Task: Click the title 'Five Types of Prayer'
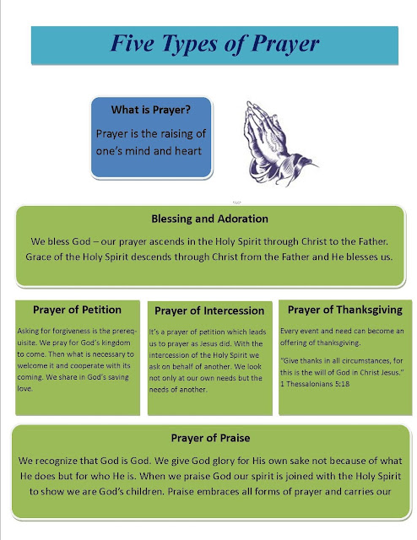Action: tap(207, 44)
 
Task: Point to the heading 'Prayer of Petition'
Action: tap(77, 309)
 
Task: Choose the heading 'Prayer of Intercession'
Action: tap(209, 310)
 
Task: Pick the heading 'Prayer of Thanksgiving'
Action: tap(344, 309)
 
